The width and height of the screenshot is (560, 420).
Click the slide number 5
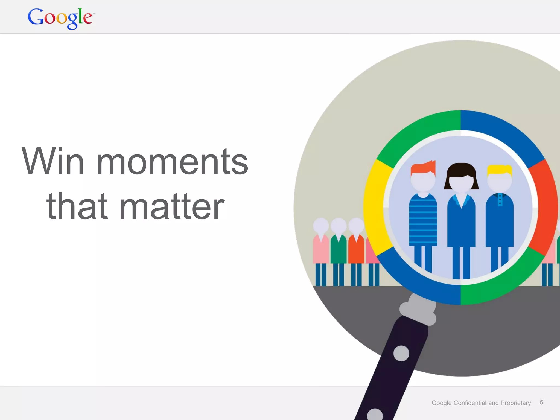click(x=541, y=402)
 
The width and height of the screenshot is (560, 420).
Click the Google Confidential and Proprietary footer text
click(x=481, y=403)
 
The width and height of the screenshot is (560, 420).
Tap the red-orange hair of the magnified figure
click(x=423, y=167)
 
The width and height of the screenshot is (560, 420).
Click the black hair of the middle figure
click(x=461, y=171)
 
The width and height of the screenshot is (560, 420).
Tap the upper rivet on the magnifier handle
click(x=401, y=353)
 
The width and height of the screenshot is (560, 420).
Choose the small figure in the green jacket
click(x=339, y=249)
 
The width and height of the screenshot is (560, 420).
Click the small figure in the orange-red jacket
click(x=356, y=249)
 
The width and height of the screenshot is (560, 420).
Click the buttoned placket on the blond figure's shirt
click(x=500, y=200)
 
